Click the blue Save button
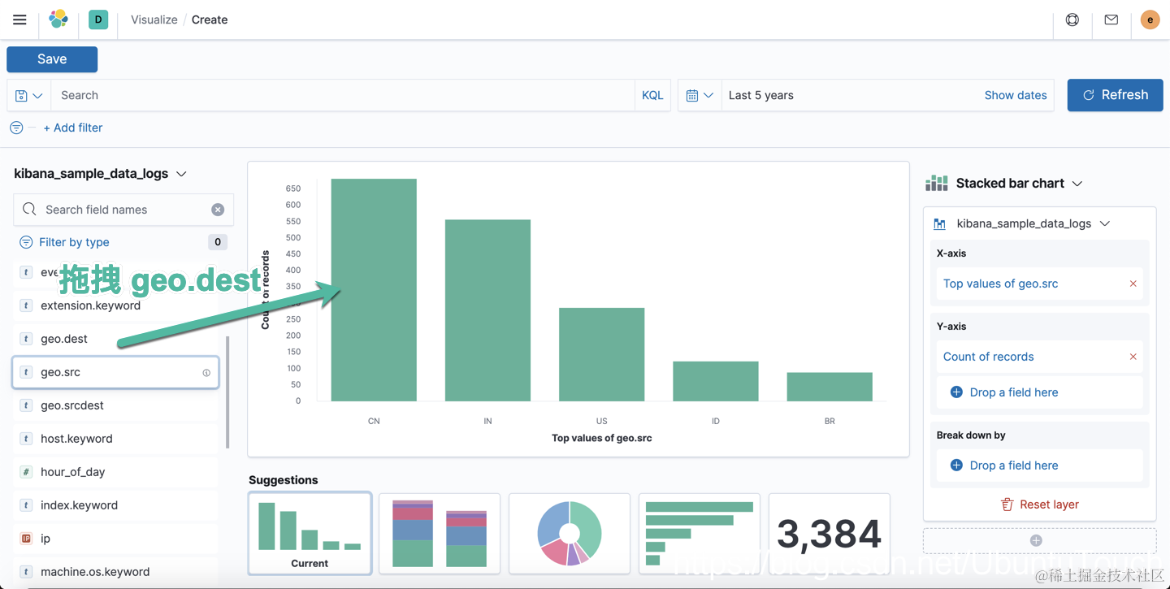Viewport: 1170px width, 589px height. [52, 59]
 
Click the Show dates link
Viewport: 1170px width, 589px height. [1015, 95]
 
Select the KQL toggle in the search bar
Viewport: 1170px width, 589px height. [652, 95]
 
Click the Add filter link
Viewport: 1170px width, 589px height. [73, 128]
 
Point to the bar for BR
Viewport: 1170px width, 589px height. [829, 387]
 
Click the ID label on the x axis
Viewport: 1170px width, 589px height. [715, 421]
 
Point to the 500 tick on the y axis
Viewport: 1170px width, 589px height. [292, 237]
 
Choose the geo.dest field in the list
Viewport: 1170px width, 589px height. [64, 339]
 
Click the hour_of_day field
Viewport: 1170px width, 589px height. [73, 472]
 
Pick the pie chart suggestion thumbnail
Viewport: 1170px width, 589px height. [570, 533]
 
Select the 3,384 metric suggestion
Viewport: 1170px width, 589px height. [829, 533]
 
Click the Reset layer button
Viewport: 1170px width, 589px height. [1039, 505]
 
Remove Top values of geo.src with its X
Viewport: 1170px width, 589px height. [1133, 284]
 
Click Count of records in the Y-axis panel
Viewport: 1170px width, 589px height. [988, 357]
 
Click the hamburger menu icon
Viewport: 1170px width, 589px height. [19, 19]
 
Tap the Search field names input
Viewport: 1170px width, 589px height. [122, 210]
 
